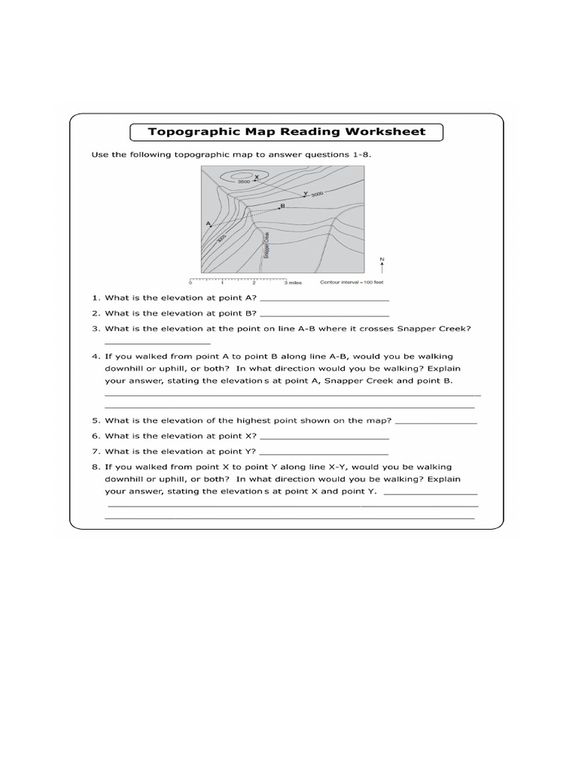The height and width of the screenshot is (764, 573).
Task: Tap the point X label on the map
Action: coord(256,178)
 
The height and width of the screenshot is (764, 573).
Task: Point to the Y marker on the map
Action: coord(305,193)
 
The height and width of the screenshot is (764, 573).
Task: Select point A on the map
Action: coord(207,223)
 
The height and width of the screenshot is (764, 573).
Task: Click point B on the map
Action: coord(282,205)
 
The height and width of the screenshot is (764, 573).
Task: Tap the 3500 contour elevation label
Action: coord(244,181)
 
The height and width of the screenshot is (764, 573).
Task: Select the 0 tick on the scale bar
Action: coord(191,284)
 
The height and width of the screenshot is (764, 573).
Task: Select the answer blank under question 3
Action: coord(147,343)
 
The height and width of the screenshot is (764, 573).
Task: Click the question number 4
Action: coord(95,357)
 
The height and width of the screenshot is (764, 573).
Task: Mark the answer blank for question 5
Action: coord(435,422)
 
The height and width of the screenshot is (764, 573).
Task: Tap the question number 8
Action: coord(95,467)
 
